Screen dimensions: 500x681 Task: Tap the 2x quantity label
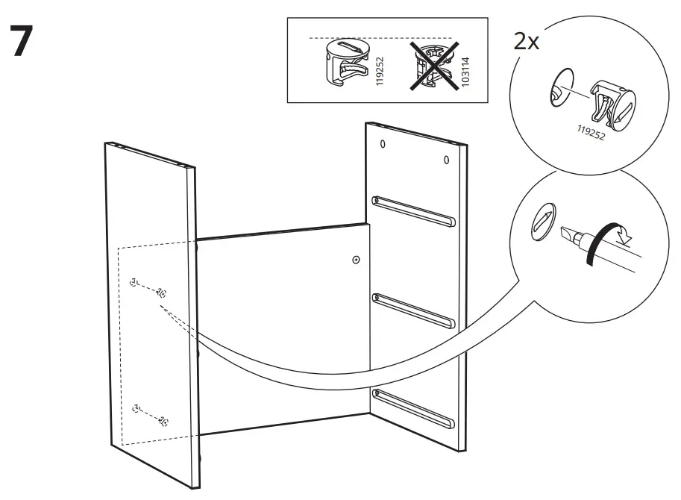click(526, 41)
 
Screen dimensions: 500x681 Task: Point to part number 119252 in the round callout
click(601, 134)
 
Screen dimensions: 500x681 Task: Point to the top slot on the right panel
click(413, 210)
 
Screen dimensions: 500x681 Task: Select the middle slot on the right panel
click(413, 310)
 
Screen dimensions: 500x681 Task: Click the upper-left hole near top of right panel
click(383, 145)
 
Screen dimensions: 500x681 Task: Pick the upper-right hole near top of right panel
click(445, 160)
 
